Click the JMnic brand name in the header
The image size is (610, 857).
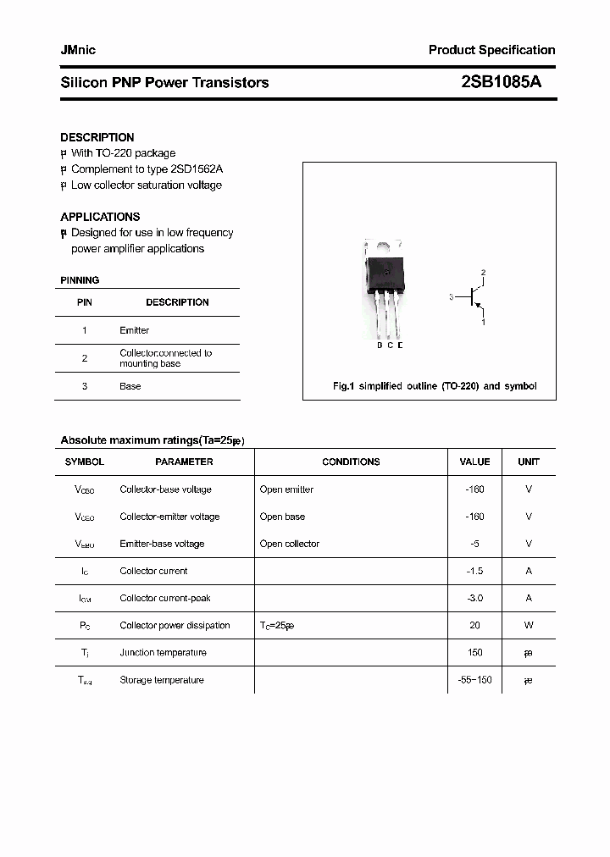coord(78,50)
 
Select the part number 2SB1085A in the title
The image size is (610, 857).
coord(501,82)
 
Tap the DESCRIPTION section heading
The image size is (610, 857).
coord(97,137)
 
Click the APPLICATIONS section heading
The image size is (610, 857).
coord(100,217)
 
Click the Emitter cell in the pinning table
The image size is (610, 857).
coord(134,330)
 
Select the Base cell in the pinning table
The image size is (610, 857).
coord(130,386)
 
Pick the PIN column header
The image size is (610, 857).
coord(85,302)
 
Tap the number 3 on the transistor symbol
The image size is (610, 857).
coord(452,297)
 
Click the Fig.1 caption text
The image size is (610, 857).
coord(434,386)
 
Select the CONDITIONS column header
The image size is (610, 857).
coord(351,462)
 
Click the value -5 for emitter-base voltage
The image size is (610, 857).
coord(474,544)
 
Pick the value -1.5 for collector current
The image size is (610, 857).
coord(474,571)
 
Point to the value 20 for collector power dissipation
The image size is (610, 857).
coord(474,625)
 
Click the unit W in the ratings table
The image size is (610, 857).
coord(528,625)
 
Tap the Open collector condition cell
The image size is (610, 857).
coord(290,544)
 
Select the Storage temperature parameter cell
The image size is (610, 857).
coord(162,680)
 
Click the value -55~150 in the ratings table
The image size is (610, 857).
coord(474,680)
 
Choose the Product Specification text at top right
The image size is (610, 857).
coord(491,50)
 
